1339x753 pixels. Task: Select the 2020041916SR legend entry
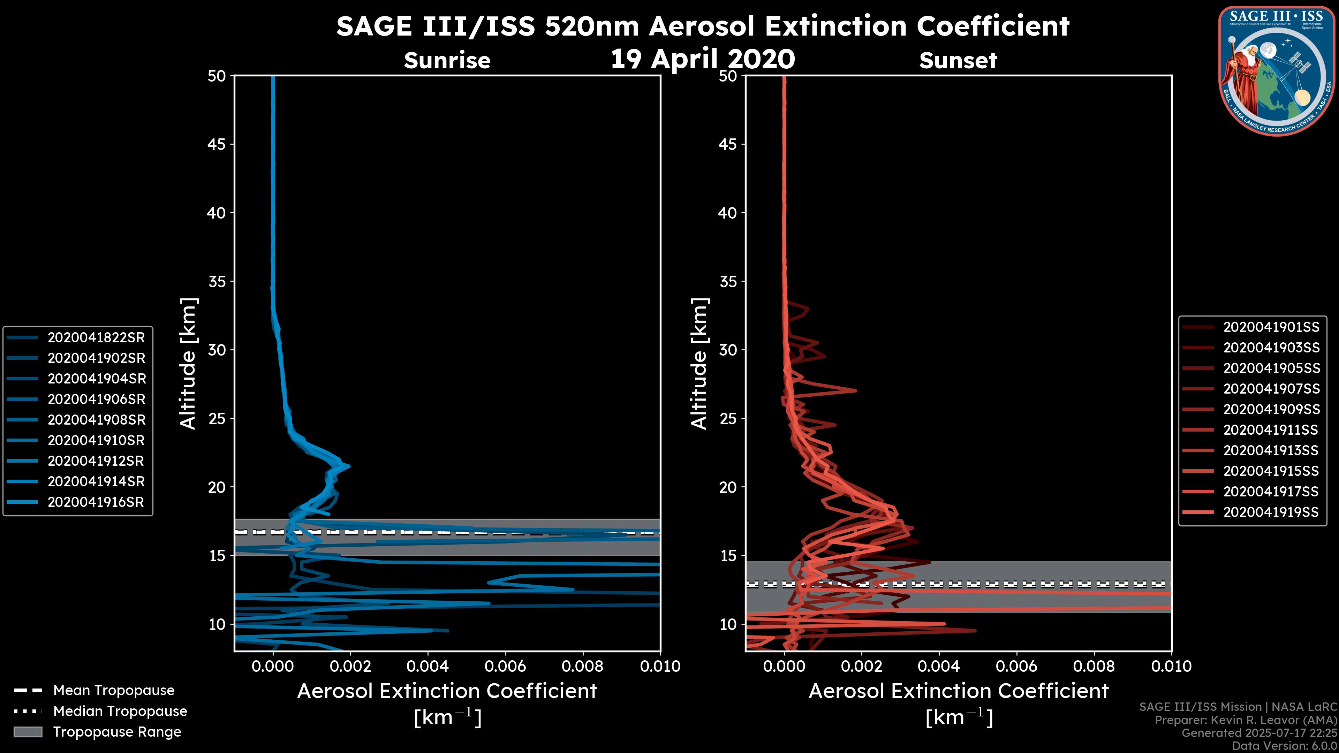[x=96, y=502]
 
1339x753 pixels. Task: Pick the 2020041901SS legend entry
[x=1271, y=327]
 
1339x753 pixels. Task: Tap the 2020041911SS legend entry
[x=1271, y=430]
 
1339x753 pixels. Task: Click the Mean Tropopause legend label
[x=114, y=691]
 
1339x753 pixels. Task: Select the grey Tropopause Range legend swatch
[x=28, y=732]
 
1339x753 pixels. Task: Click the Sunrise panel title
[x=447, y=61]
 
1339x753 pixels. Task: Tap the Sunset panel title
[x=958, y=61]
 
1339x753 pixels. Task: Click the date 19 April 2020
[x=703, y=59]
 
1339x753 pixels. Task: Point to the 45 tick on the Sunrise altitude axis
[x=217, y=144]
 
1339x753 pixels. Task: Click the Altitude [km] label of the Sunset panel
[x=699, y=364]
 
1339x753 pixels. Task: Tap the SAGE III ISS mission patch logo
[x=1278, y=71]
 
